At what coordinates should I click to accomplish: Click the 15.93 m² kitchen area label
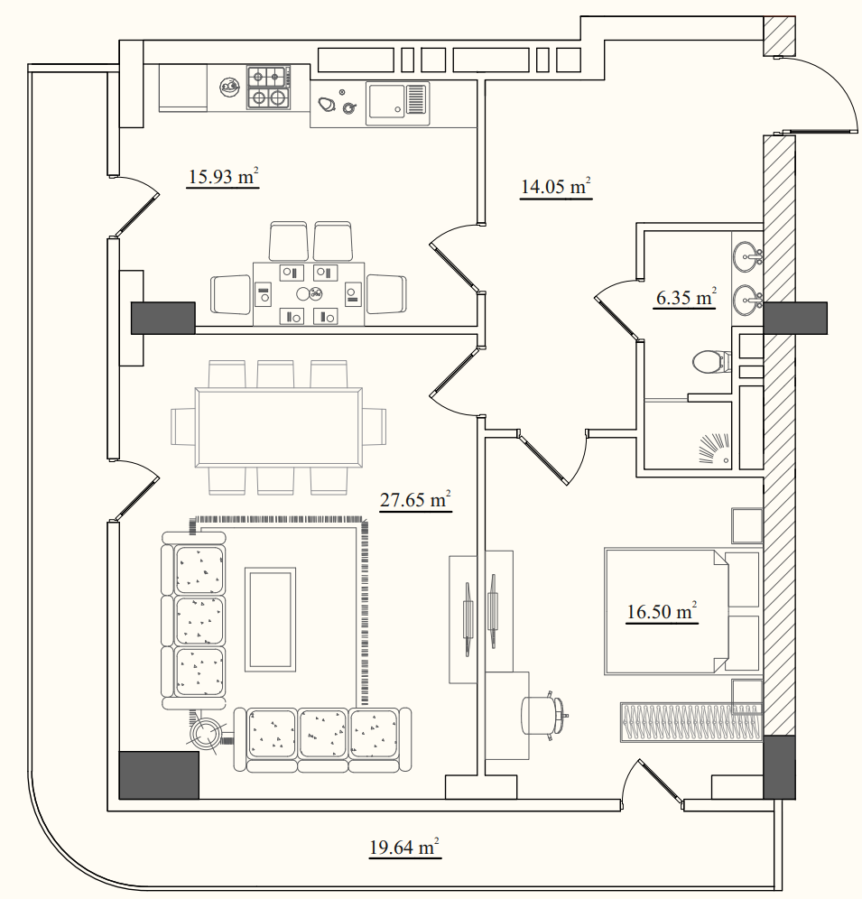223,176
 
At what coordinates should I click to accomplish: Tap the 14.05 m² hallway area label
556,186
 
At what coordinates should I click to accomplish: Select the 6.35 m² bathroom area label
686,297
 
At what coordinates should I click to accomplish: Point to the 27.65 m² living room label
415,499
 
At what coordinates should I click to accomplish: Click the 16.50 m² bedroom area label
662,611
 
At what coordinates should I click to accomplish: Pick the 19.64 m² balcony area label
404,847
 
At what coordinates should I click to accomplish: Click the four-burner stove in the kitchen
268,88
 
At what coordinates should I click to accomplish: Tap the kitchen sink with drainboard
397,103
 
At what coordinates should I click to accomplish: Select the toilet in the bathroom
711,362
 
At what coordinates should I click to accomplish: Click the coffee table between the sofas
270,619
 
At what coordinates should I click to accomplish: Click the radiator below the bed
691,722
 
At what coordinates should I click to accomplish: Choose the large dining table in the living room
279,428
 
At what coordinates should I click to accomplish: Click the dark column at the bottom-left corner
159,775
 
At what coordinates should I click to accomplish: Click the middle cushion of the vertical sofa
199,622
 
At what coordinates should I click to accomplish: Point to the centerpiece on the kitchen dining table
309,293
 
